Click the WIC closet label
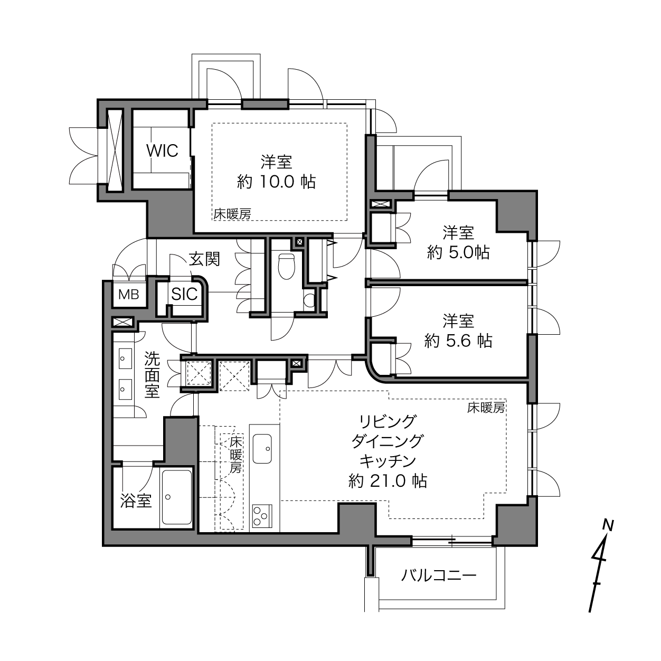(x=162, y=150)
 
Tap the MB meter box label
(x=129, y=294)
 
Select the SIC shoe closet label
(x=185, y=294)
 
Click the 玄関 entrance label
(x=204, y=259)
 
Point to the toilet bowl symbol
(x=287, y=266)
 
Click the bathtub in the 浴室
(x=177, y=497)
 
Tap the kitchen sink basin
(x=262, y=449)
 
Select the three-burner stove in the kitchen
(x=262, y=516)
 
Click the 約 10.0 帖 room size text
(x=276, y=182)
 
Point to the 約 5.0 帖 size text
(x=458, y=253)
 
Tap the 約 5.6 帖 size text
(x=458, y=341)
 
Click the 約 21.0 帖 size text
(x=388, y=481)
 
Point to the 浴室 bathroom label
(x=136, y=501)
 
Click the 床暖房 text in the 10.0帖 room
(x=232, y=214)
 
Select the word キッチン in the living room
(x=388, y=461)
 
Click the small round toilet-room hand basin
(x=310, y=299)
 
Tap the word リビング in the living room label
(x=388, y=421)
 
